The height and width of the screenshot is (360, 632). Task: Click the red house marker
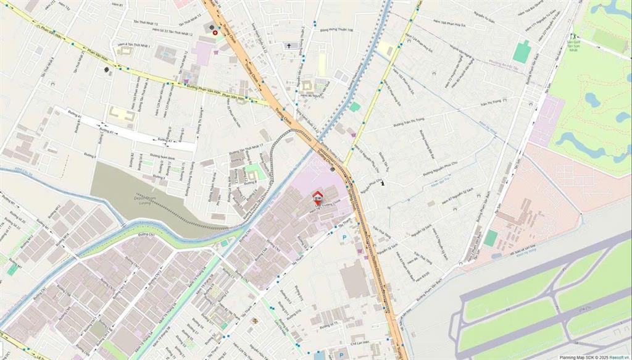tap(318, 197)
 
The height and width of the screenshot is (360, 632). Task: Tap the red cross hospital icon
tap(215, 33)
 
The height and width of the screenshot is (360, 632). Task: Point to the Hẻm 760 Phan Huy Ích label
tap(448, 23)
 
